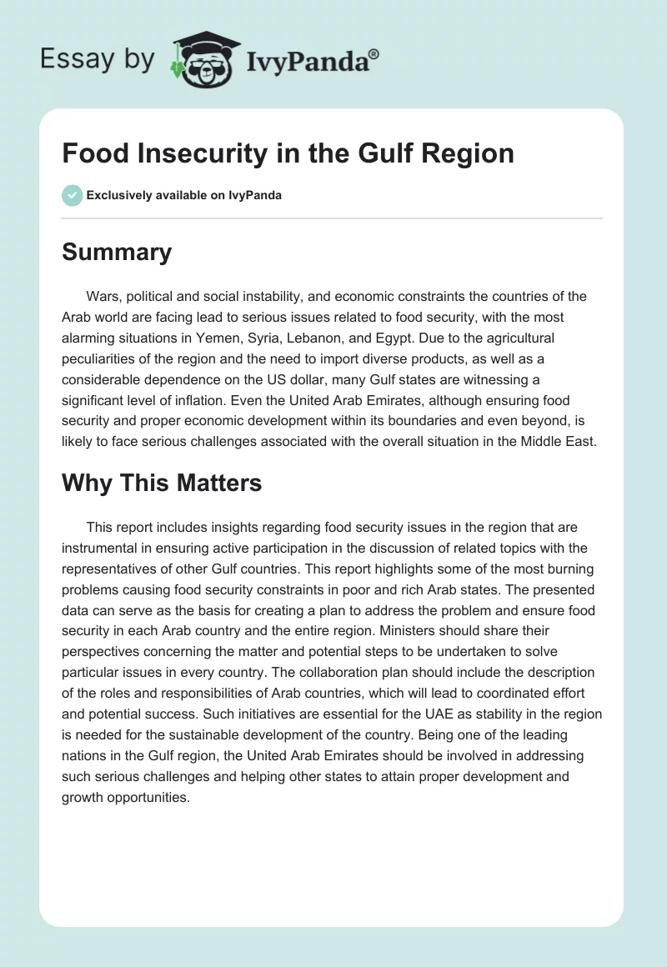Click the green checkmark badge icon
(72, 195)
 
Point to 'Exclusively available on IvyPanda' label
(183, 195)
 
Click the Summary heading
(117, 253)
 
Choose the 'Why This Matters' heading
(162, 482)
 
